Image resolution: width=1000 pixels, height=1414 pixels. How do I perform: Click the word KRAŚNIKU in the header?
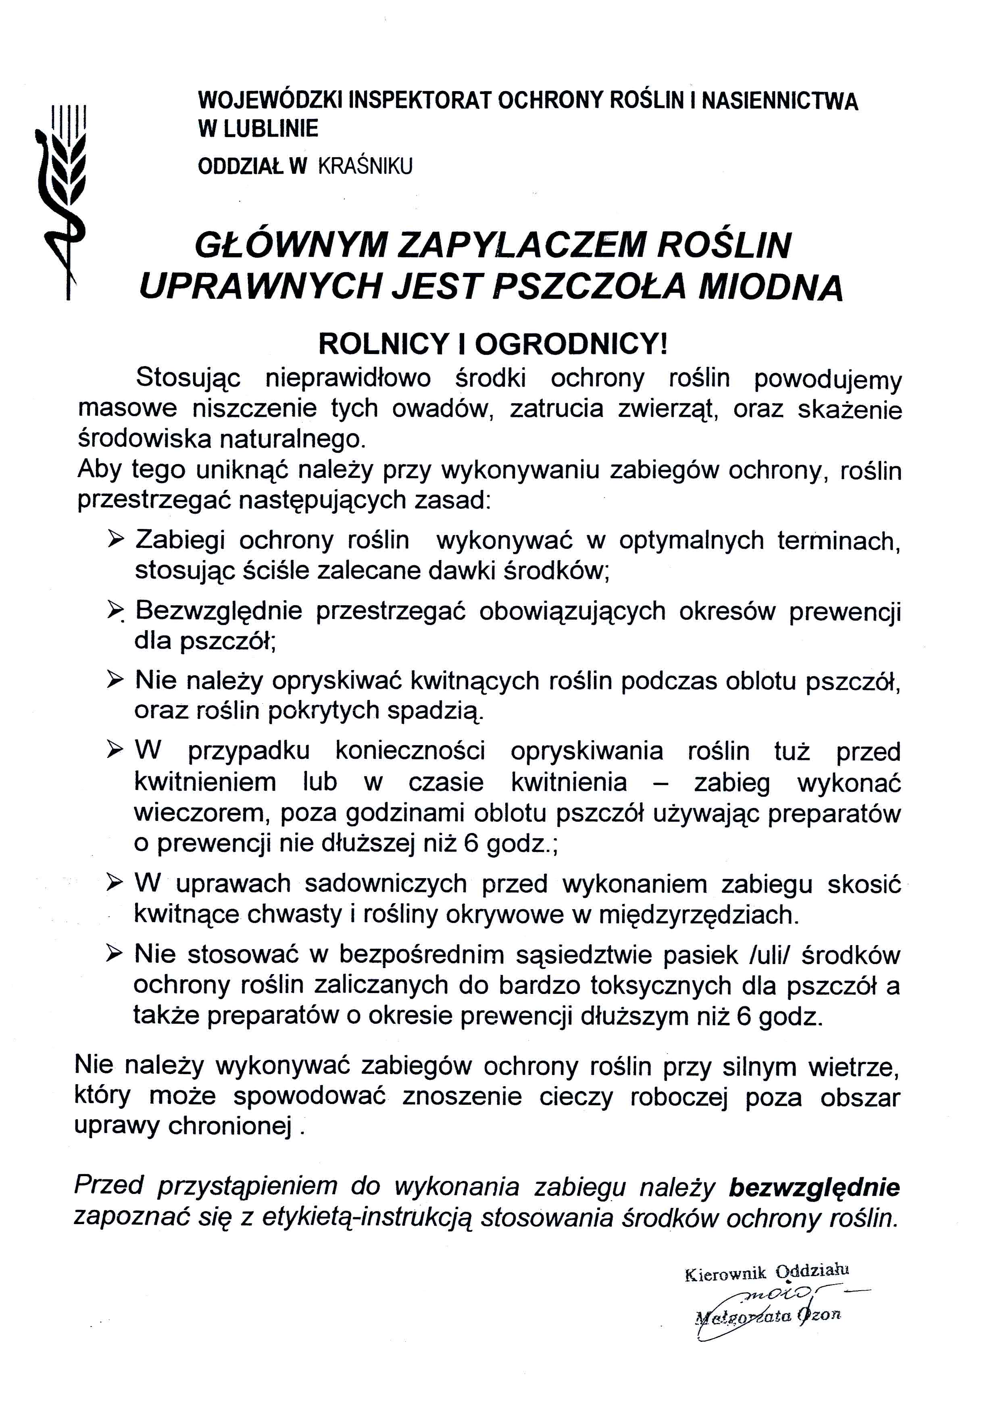pyautogui.click(x=365, y=166)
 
